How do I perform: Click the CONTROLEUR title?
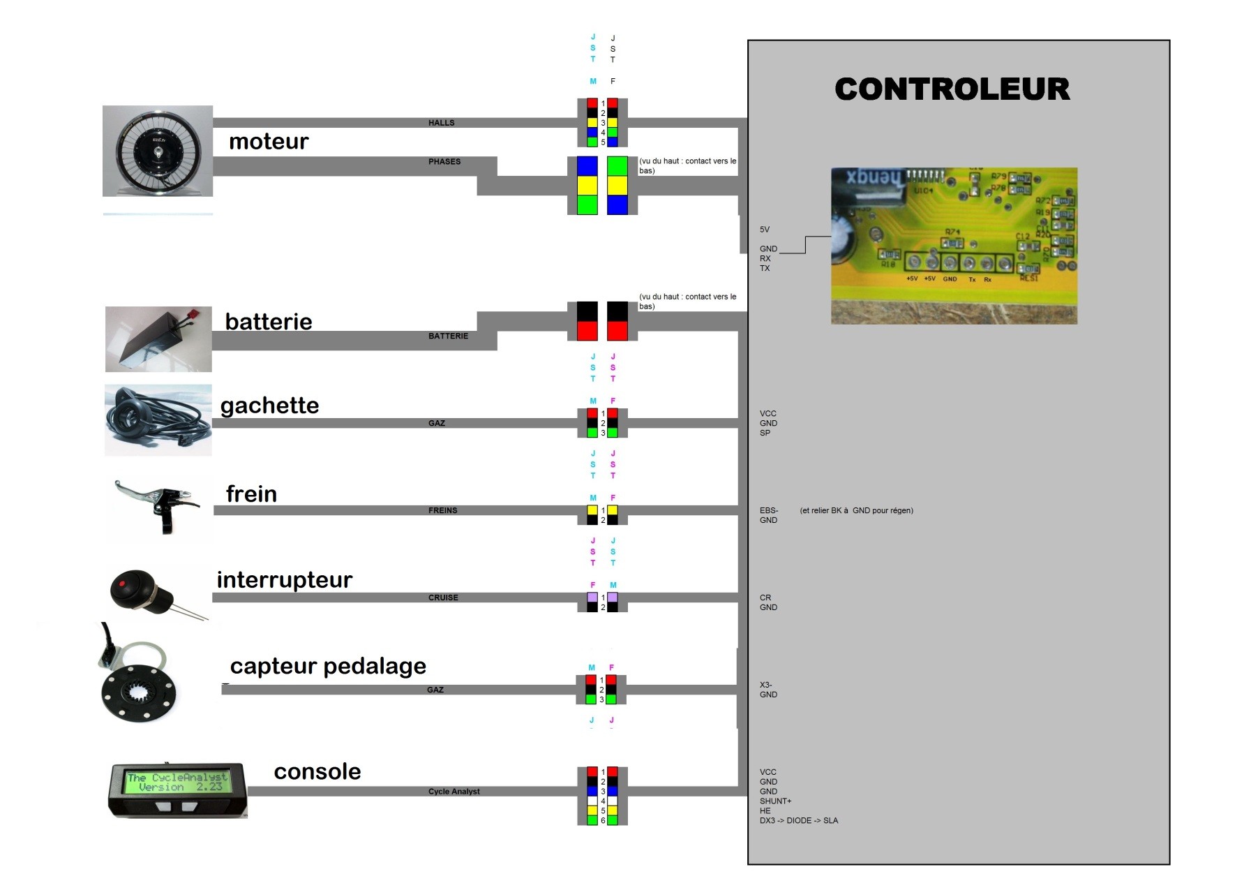coord(952,89)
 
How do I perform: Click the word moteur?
coord(269,142)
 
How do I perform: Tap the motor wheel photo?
coord(158,151)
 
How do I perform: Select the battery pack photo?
coord(158,339)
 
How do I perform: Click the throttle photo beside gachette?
coord(158,420)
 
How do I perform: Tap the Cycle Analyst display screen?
coord(177,783)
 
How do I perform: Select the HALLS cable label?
coord(441,123)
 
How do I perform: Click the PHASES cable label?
coord(444,162)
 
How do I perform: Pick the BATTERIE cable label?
coord(448,336)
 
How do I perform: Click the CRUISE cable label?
coord(443,598)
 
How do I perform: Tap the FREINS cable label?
coord(442,511)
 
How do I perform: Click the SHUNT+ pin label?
coord(775,801)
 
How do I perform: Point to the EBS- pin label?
coord(769,511)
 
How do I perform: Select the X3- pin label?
coord(766,685)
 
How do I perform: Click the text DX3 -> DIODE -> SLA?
coord(798,821)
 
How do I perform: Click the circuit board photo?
coord(954,246)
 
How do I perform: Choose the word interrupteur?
coord(284,580)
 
